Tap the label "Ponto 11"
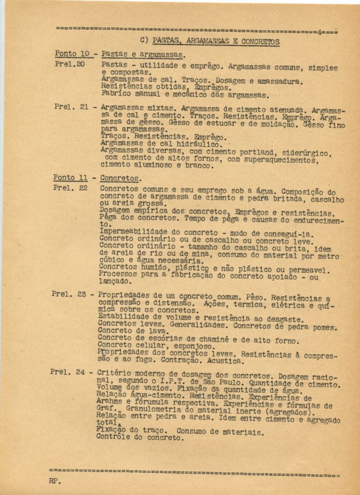70,178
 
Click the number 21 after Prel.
83,106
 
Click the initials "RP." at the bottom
55,481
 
